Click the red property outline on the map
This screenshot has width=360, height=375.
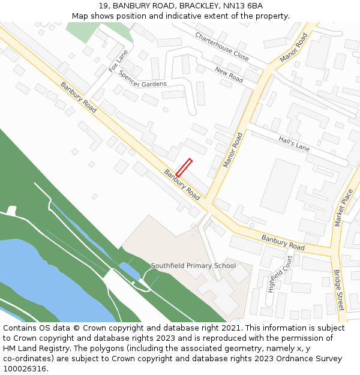point(184,167)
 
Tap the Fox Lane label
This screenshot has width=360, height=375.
point(119,61)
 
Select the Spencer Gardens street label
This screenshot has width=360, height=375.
point(142,79)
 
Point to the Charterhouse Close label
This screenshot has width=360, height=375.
point(221,46)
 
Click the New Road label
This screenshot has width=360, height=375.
point(229,75)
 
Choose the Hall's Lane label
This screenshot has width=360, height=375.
point(294,143)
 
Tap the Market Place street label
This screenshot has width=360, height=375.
point(344,208)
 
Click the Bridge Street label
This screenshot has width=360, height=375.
point(339,290)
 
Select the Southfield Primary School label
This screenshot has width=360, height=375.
point(193,265)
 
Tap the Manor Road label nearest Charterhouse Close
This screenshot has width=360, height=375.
point(293,47)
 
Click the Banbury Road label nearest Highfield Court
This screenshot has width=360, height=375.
point(283,242)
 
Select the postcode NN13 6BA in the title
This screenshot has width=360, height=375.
point(243,6)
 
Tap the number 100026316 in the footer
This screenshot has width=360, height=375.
point(25,368)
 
